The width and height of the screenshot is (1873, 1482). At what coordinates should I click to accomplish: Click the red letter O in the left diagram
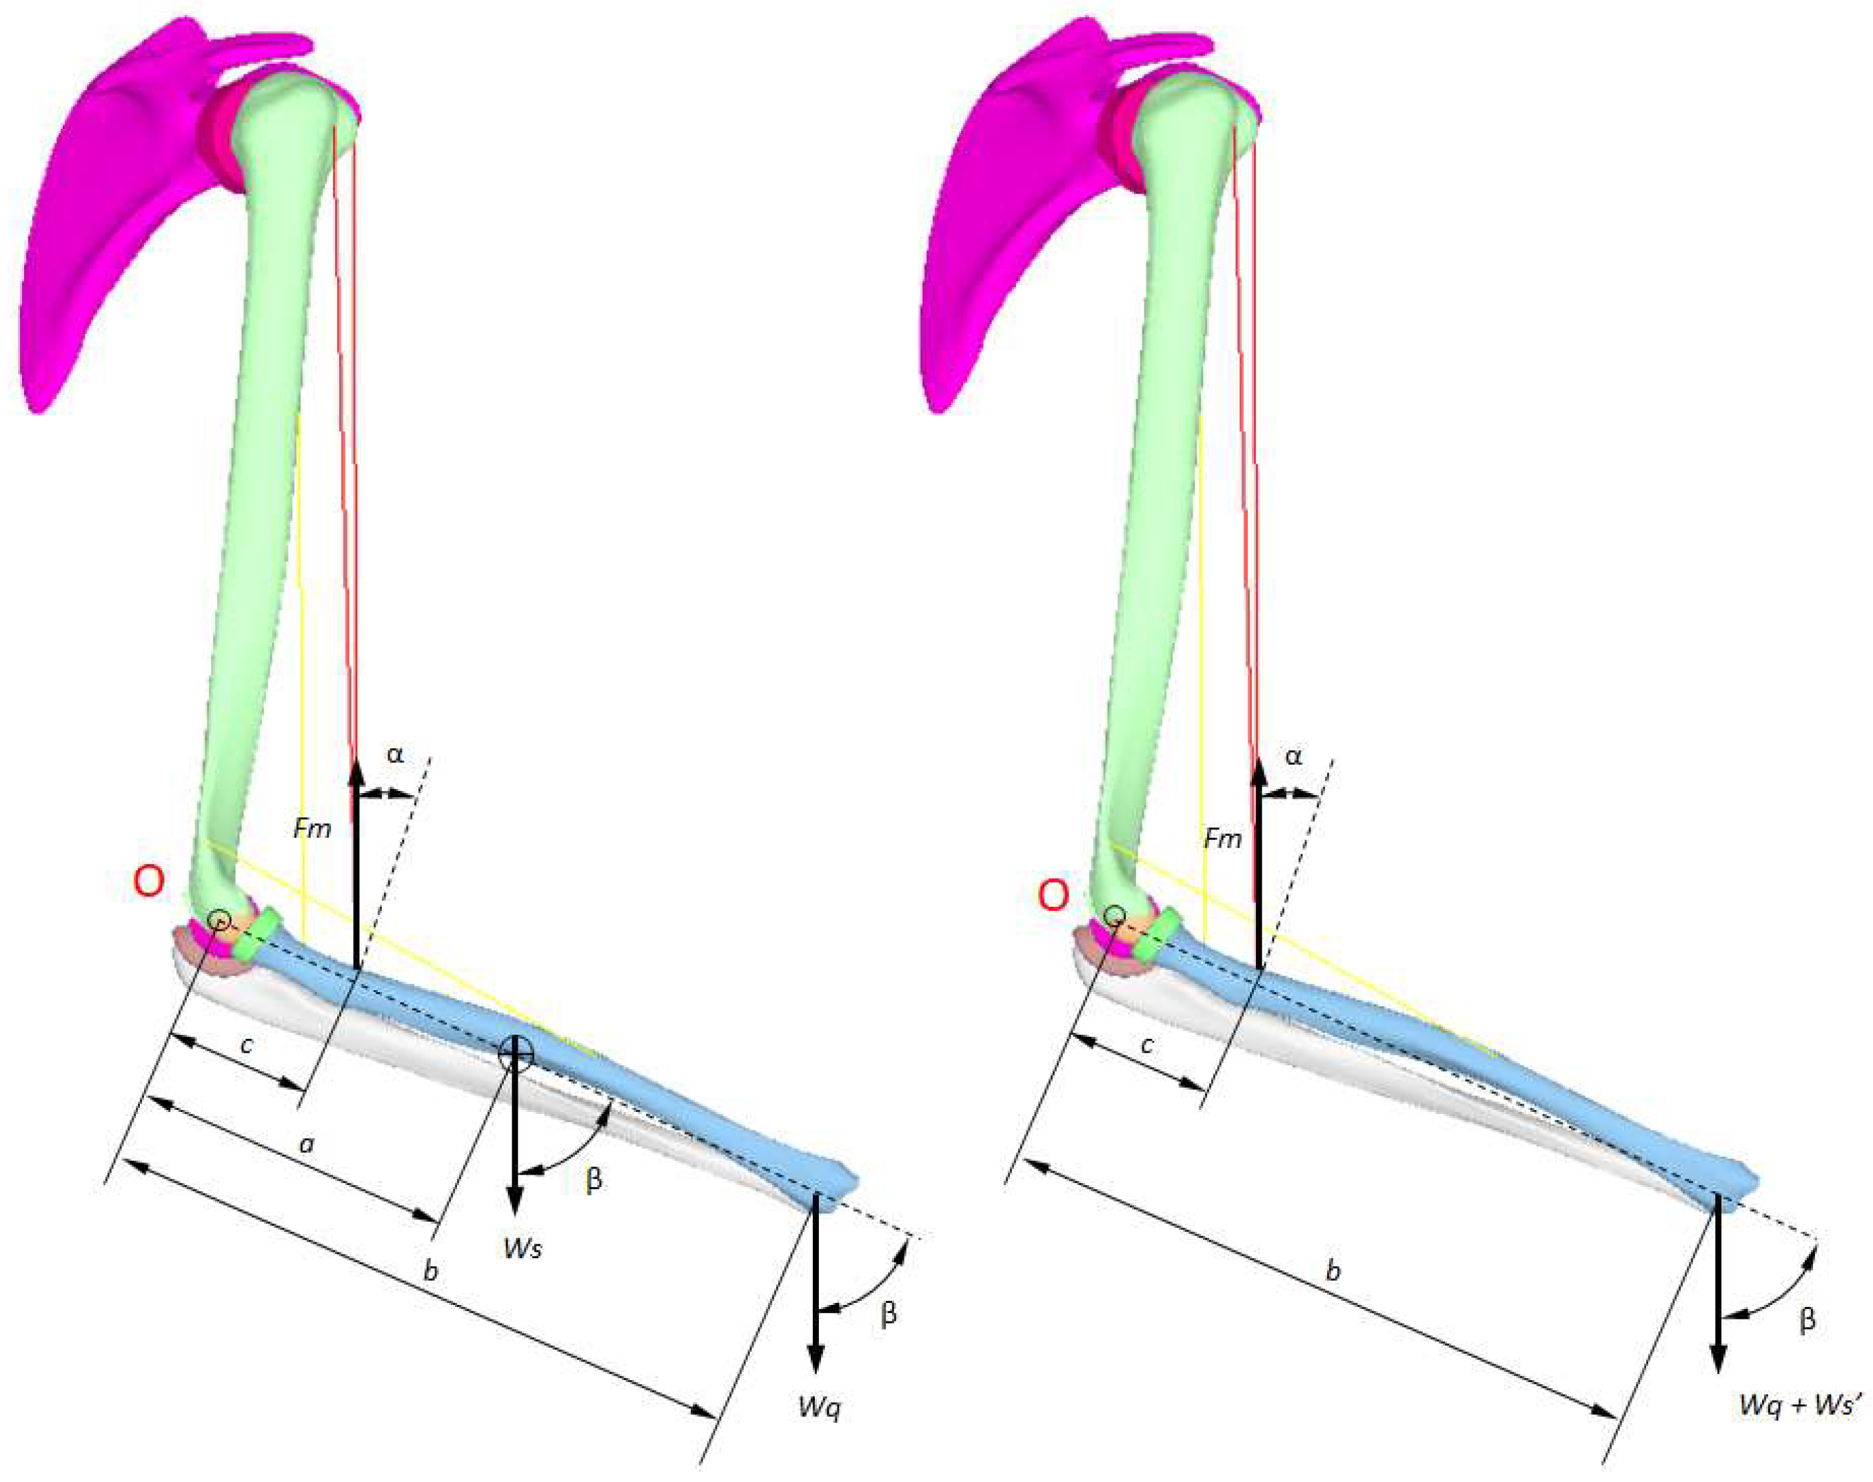point(148,882)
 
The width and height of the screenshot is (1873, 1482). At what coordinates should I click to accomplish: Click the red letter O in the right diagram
point(1053,894)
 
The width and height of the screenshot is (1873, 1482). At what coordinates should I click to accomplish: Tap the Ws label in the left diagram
point(523,1248)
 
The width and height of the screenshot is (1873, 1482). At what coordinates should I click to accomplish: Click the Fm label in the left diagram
point(312,829)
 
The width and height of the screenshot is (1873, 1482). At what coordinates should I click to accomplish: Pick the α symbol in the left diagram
point(395,754)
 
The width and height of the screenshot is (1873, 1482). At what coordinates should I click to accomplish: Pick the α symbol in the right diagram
point(1293,756)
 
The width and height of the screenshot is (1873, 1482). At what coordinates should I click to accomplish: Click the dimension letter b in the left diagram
point(430,1272)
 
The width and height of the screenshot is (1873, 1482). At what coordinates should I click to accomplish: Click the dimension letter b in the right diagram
point(1333,1271)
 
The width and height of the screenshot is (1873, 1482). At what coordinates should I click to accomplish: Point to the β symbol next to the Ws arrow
point(594,1180)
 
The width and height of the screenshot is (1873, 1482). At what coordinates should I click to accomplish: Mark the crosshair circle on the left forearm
point(516,1053)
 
